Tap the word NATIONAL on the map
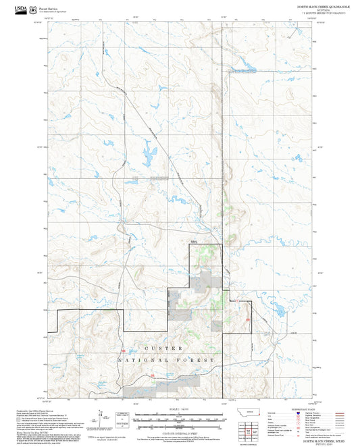coord(136,361)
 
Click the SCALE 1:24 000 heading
coord(180,409)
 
